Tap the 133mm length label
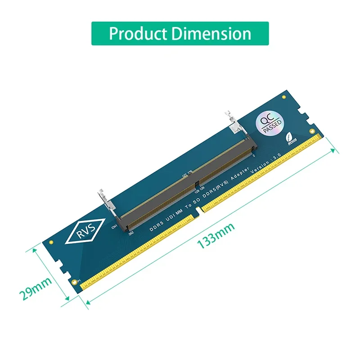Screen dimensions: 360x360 (x=216, y=238)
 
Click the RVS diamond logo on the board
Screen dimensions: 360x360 (x=85, y=230)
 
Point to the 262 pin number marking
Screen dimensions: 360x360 (x=130, y=233)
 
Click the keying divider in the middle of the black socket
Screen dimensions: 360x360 (x=197, y=184)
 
